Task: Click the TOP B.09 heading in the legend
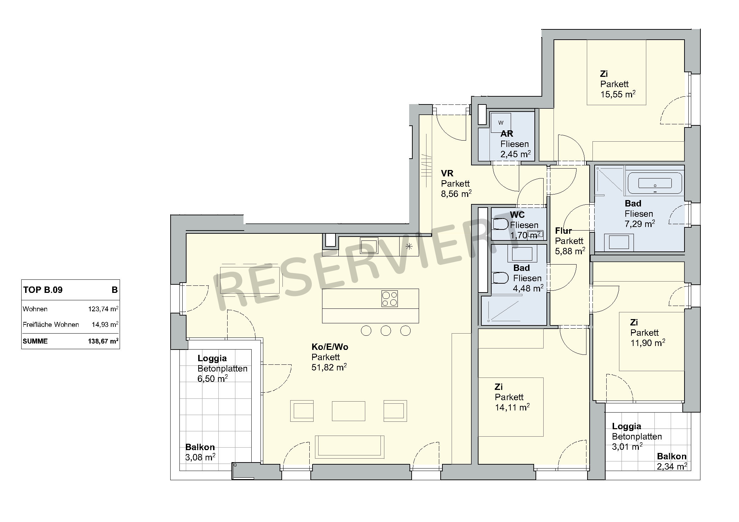click(43, 290)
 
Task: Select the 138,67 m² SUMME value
click(103, 341)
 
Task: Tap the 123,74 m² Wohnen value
click(103, 309)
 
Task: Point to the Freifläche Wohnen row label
click(51, 325)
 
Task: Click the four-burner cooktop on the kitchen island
click(389, 299)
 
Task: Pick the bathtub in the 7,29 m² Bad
click(655, 183)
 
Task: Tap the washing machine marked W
click(500, 123)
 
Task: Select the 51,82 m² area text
click(329, 367)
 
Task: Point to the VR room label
click(447, 174)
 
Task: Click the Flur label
click(563, 231)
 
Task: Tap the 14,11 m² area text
click(512, 408)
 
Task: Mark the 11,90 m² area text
click(648, 343)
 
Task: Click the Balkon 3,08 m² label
click(200, 452)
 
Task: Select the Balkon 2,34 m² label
click(672, 461)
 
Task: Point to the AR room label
click(507, 134)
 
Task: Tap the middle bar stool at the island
click(386, 331)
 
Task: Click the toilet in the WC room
click(500, 224)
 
